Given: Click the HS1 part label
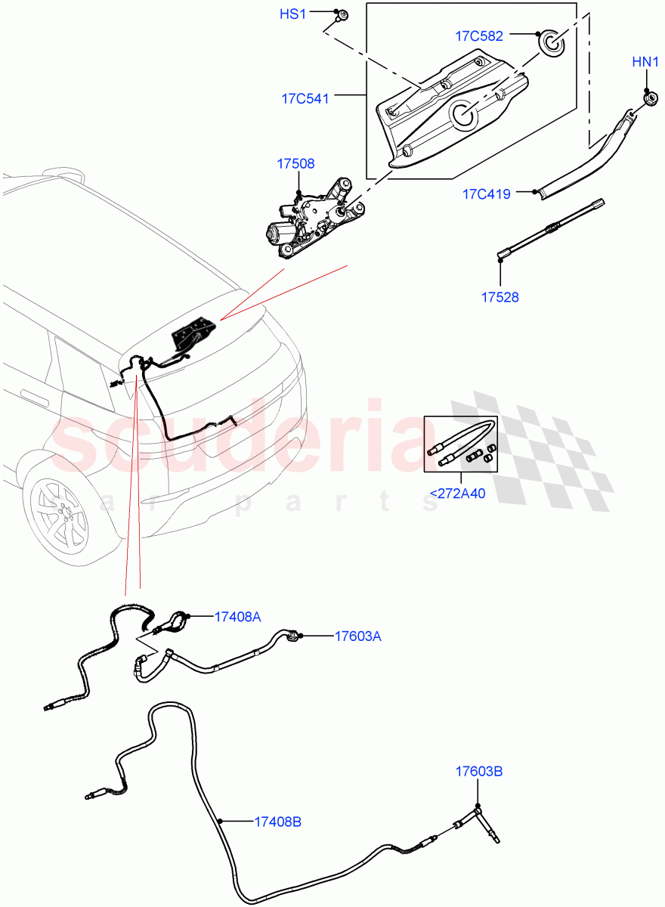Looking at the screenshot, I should point(293,14).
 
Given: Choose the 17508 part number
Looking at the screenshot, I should point(295,163).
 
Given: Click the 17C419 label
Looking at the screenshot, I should point(487,194).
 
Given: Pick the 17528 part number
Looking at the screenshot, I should point(500,297).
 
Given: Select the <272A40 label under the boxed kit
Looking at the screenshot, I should point(457,494).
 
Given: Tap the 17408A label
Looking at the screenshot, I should point(237,617).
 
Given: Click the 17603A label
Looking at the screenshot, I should point(357,636).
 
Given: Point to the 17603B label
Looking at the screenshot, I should point(479,772).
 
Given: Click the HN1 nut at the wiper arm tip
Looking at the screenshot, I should point(648,97).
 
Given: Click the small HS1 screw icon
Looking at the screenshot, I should point(342,14).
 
